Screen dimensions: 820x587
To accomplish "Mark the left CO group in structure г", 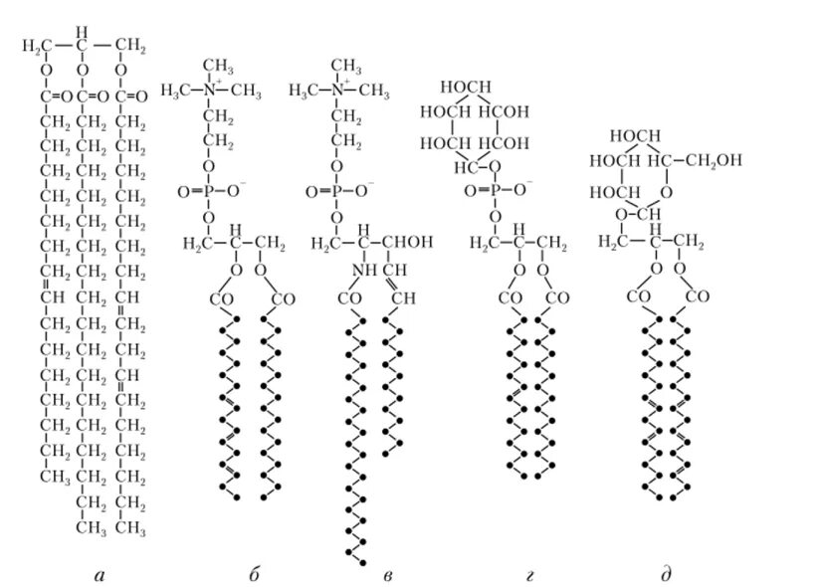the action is click(x=508, y=297).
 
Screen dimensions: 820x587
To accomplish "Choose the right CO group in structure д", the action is click(x=698, y=297).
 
